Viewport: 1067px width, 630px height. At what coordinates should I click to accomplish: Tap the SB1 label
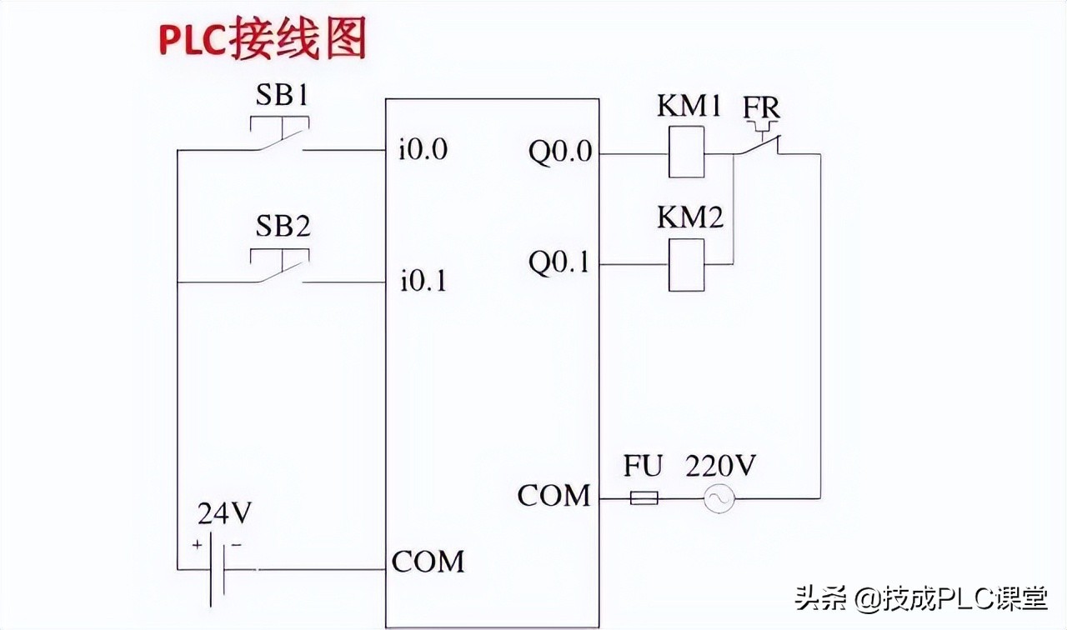[282, 97]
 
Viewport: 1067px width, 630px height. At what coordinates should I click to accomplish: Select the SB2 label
[282, 227]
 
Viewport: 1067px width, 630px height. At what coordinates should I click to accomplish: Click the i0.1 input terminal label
[423, 282]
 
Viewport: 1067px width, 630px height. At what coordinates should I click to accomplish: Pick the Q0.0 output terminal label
[560, 152]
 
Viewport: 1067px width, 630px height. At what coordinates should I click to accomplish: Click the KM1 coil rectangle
[686, 153]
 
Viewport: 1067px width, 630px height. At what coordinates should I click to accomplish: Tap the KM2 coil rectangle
[686, 265]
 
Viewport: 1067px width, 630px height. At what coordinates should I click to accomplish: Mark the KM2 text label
[689, 218]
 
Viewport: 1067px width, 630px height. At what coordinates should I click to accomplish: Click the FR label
[762, 109]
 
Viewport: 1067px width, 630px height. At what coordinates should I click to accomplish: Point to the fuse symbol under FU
[643, 498]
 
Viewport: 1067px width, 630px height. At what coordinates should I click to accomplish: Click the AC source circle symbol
[715, 499]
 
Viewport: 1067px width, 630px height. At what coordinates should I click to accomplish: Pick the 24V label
[224, 514]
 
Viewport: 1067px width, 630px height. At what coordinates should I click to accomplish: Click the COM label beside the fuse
[554, 496]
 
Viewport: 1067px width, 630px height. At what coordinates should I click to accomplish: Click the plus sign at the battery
[198, 545]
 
